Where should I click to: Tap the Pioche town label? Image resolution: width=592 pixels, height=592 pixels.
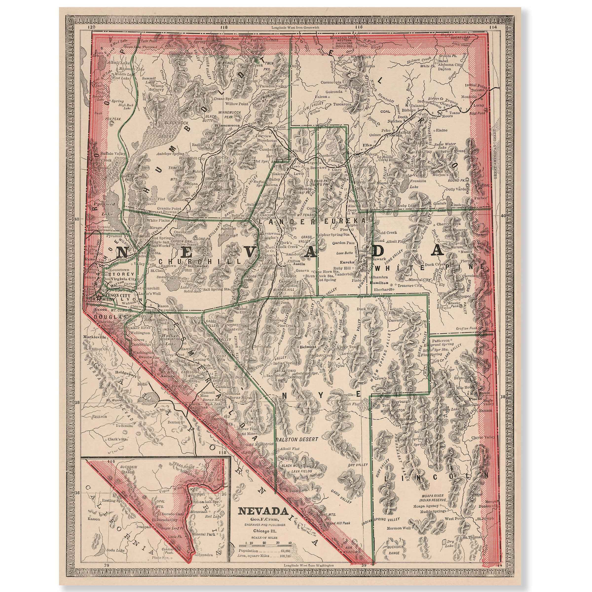pyautogui.click(x=475, y=399)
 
